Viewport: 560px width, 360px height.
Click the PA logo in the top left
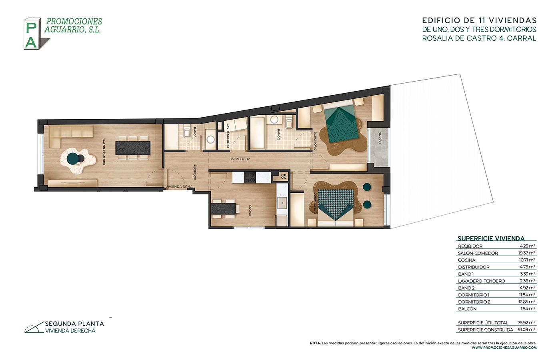click(x=32, y=34)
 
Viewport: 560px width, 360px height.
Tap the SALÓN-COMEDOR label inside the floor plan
click(x=104, y=152)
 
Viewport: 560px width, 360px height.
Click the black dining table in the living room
click(x=133, y=148)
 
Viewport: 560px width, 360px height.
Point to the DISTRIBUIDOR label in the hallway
click(x=239, y=159)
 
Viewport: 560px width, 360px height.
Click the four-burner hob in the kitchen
click(x=250, y=177)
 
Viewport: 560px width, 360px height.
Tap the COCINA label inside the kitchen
click(x=250, y=210)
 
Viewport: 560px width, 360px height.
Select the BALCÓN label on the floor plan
click(x=379, y=139)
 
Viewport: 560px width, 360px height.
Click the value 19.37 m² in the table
click(x=527, y=253)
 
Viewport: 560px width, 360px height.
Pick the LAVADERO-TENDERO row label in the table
click(x=481, y=281)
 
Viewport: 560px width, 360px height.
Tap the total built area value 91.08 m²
click(x=526, y=330)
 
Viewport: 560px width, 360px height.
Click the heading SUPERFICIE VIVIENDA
click(x=491, y=238)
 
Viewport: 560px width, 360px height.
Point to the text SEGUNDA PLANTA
click(x=74, y=324)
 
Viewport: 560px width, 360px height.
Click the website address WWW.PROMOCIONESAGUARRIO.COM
click(x=504, y=348)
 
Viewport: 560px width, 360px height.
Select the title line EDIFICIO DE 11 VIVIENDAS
click(x=479, y=20)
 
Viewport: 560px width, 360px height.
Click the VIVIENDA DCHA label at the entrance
click(x=179, y=187)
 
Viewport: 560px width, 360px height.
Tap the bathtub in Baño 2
click(x=258, y=132)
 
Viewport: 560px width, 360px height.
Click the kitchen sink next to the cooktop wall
click(x=282, y=203)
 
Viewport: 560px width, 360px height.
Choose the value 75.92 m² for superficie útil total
click(x=526, y=323)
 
